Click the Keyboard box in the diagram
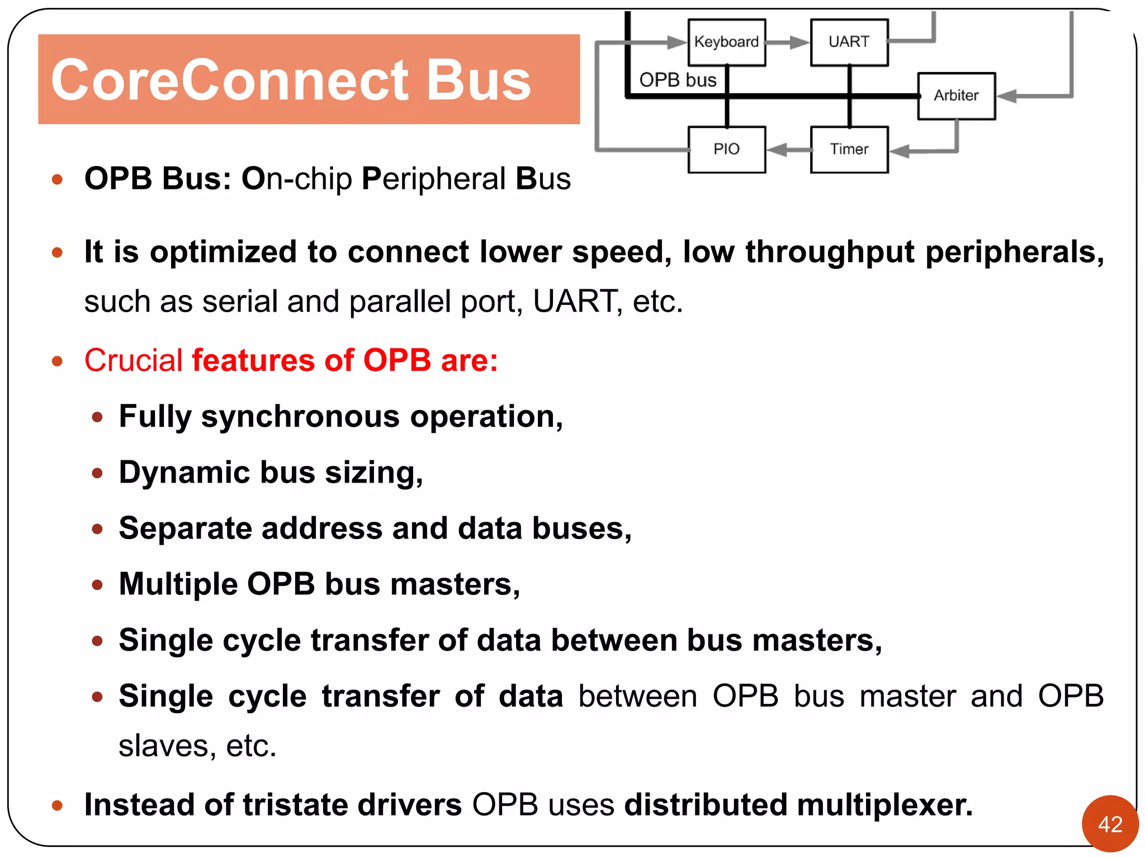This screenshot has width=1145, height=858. tap(726, 42)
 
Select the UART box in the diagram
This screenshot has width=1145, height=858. tap(849, 42)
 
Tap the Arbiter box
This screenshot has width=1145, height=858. tap(956, 96)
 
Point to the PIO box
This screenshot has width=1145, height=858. tap(726, 149)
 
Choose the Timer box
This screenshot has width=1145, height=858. tap(849, 149)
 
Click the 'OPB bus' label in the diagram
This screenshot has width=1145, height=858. tap(678, 80)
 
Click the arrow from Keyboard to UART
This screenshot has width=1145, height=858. tap(788, 42)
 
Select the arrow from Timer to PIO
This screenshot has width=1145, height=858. tap(788, 149)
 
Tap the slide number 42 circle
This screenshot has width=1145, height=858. tap(1110, 824)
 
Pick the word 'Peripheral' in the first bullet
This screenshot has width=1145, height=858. tap(433, 179)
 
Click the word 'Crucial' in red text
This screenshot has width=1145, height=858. tap(134, 360)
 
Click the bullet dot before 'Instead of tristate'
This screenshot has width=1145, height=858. tap(57, 805)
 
